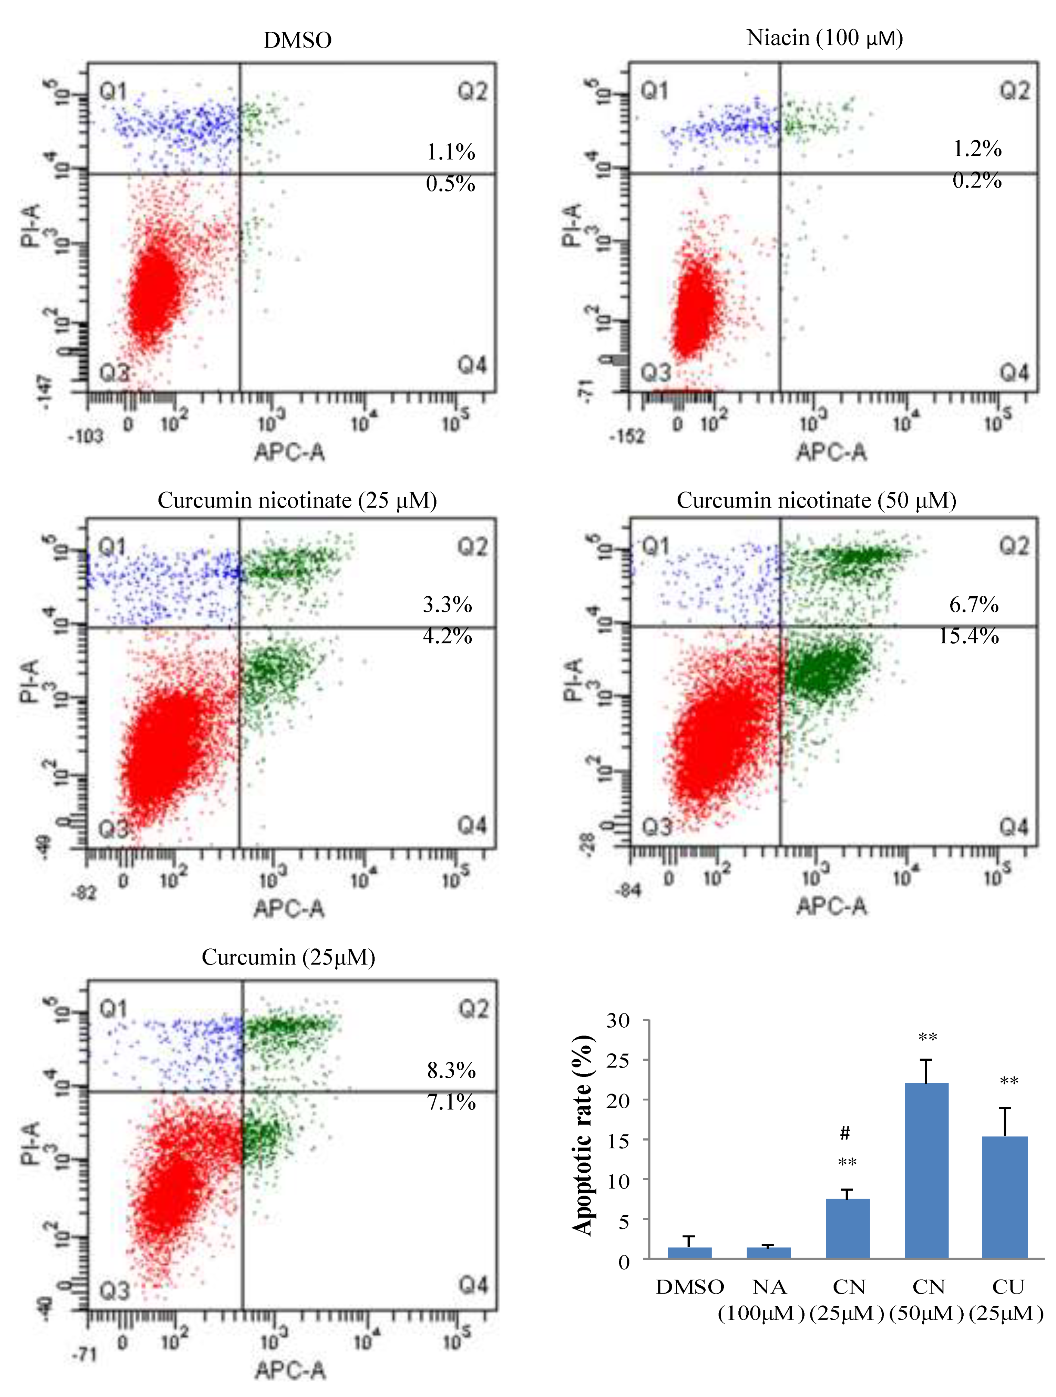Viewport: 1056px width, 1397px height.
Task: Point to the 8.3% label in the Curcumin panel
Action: tap(451, 1070)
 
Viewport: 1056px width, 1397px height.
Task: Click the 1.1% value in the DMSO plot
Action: tap(450, 152)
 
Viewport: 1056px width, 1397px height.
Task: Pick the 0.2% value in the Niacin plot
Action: tap(976, 181)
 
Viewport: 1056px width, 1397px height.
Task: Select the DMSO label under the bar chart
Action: tap(690, 1287)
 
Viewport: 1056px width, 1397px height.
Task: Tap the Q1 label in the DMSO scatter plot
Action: tap(112, 92)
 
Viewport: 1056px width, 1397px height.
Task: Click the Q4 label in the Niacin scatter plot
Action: tap(1014, 373)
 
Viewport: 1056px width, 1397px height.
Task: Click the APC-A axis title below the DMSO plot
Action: tap(289, 452)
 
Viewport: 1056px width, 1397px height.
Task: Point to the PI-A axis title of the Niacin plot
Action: tap(572, 225)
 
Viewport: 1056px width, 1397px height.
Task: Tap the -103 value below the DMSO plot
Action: tap(86, 436)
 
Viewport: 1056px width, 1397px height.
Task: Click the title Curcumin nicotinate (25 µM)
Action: tap(297, 501)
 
